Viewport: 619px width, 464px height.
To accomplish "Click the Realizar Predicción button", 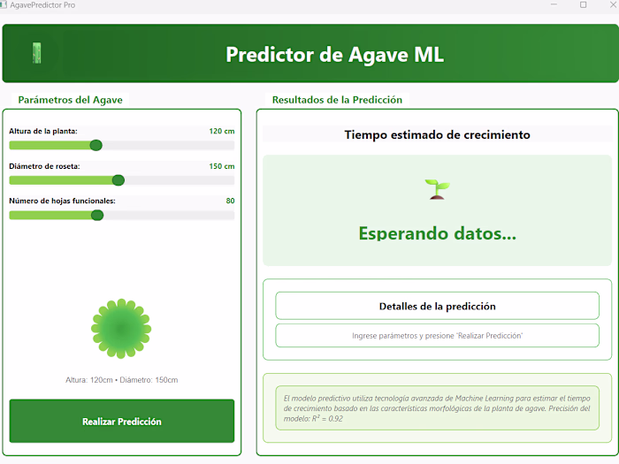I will (x=122, y=422).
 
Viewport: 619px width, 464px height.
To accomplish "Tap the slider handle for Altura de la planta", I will (x=96, y=145).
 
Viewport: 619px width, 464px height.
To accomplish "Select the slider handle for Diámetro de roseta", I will (x=118, y=180).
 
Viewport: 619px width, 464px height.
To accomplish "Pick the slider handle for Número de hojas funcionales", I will (x=97, y=215).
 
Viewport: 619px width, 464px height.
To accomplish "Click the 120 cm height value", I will (x=221, y=132).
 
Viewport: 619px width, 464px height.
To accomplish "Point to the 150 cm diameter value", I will (x=221, y=166).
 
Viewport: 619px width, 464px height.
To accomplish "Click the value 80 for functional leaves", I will (x=230, y=201).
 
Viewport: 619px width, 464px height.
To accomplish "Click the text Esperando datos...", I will (x=437, y=234).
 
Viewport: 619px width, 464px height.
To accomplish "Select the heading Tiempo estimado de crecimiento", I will (x=437, y=135).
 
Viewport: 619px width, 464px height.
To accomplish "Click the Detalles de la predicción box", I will (x=437, y=306).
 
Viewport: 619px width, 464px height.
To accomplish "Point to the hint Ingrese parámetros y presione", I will (x=437, y=336).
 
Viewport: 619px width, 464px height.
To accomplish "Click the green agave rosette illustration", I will (x=121, y=328).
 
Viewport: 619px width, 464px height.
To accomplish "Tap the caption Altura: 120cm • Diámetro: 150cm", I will (x=122, y=380).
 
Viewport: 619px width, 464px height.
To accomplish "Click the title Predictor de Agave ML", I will (x=334, y=55).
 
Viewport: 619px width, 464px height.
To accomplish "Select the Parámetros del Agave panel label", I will (x=71, y=100).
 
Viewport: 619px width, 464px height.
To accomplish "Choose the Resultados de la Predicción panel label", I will (x=337, y=100).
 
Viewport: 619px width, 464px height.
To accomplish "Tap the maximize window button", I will (x=583, y=5).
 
